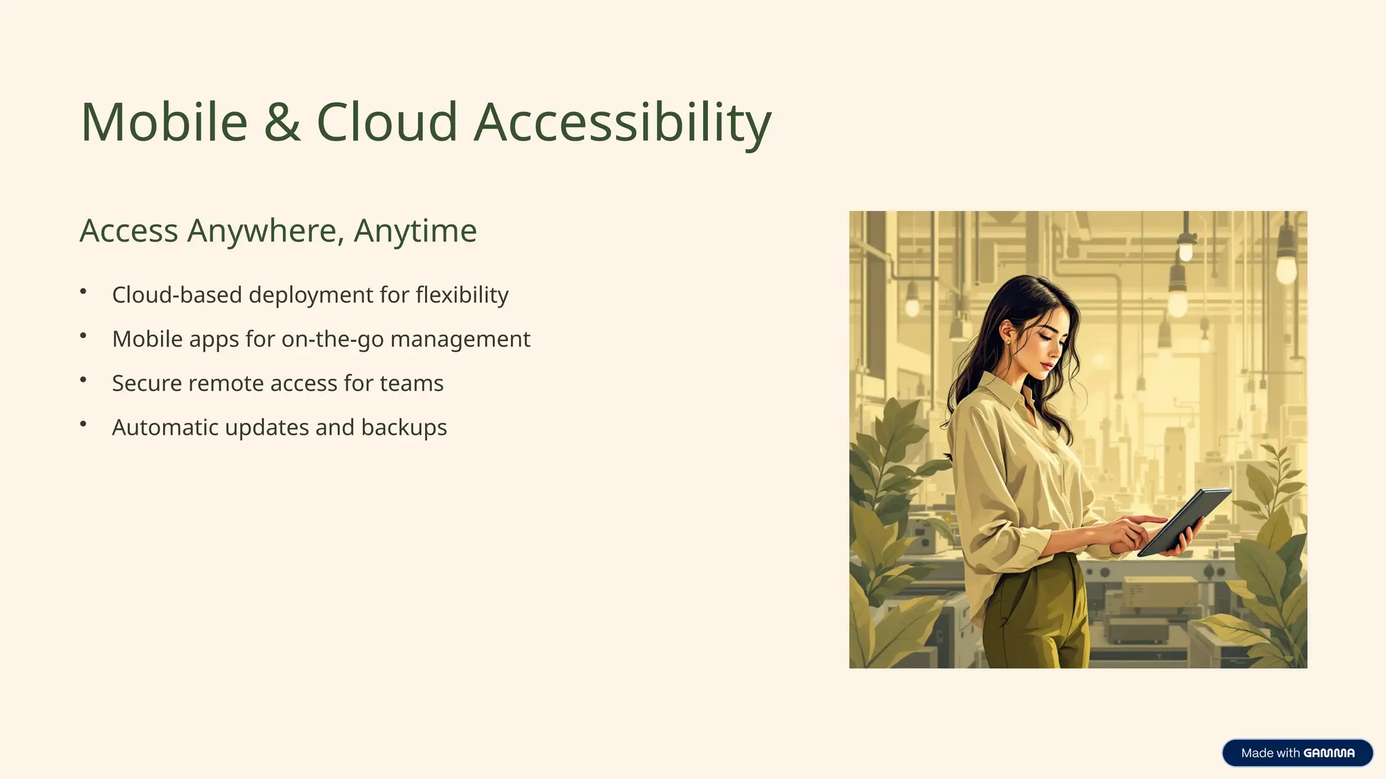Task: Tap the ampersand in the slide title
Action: tap(282, 122)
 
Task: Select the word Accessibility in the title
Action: tap(622, 122)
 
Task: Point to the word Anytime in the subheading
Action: tap(415, 231)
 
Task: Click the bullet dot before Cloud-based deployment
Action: tap(83, 291)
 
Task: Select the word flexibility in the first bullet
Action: tap(462, 295)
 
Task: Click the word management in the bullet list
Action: tap(460, 339)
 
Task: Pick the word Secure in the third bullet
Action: tap(147, 383)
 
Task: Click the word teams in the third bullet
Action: tap(411, 383)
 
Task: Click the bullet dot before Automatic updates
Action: tap(83, 424)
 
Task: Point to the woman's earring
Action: tap(1008, 343)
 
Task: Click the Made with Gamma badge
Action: tap(1297, 753)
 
